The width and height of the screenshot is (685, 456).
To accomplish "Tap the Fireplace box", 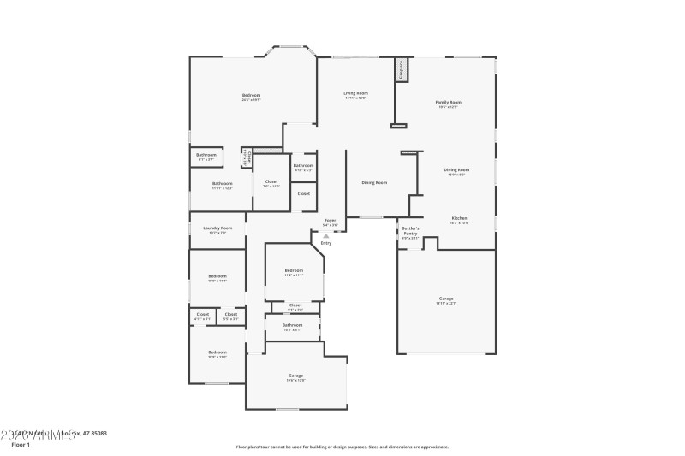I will click(x=400, y=70).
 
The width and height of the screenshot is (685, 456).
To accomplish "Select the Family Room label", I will click(x=449, y=104).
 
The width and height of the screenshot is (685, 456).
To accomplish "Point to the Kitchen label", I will click(x=459, y=220).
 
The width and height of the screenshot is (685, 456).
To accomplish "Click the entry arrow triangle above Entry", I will click(x=325, y=236).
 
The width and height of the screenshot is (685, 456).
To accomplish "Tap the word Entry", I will click(x=326, y=244).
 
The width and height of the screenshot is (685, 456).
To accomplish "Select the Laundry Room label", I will click(x=217, y=229).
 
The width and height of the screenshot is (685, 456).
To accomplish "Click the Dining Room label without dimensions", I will click(x=374, y=182).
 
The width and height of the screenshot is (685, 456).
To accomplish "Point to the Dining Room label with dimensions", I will click(x=456, y=171).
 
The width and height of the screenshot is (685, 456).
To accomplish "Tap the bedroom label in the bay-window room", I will click(x=251, y=96).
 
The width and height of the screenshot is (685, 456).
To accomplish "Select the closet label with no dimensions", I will click(x=304, y=194).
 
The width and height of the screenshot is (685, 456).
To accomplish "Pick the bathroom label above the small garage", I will click(x=292, y=326).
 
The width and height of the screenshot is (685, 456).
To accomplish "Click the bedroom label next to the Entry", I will click(x=294, y=273).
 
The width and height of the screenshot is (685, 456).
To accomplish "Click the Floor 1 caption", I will click(x=21, y=445).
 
